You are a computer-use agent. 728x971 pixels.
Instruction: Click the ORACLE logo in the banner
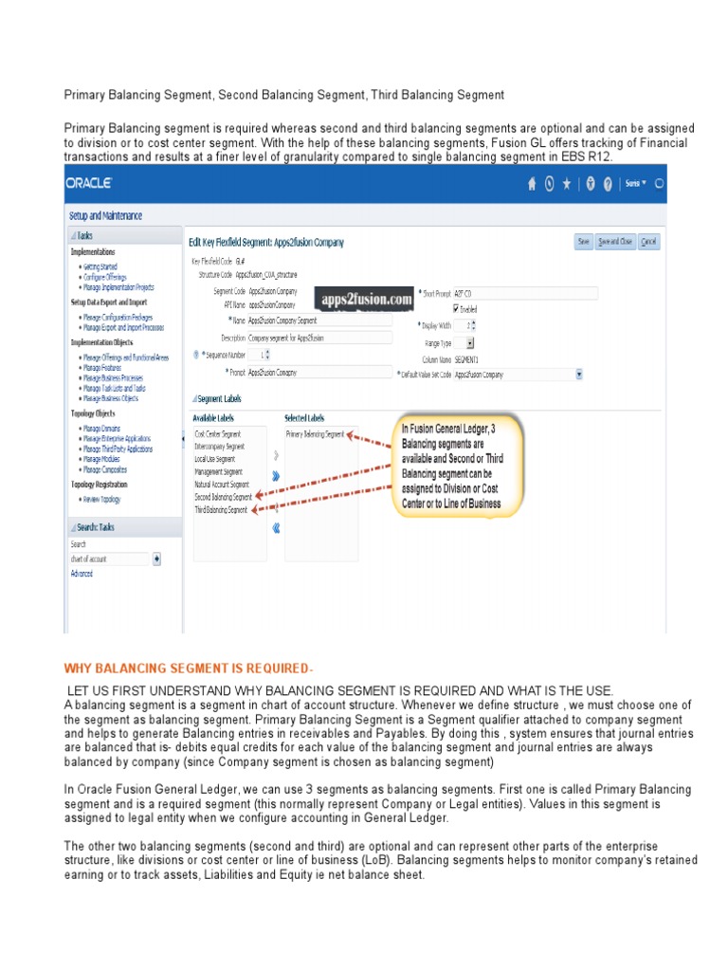[90, 182]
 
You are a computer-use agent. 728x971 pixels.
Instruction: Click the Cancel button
[649, 242]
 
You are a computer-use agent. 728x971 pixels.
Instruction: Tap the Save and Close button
[616, 242]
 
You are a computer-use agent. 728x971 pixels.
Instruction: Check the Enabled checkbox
[457, 308]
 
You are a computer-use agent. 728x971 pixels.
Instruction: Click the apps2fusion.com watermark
[366, 300]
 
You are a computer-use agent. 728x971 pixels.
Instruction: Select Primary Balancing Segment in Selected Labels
[315, 433]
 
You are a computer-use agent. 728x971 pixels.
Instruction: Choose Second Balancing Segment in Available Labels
[224, 496]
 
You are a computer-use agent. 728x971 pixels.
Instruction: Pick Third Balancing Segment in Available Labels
[221, 509]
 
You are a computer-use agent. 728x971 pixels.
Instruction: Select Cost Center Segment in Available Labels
[218, 433]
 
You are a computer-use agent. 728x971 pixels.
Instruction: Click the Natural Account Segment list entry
[222, 484]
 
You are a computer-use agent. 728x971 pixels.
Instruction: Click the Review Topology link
[101, 499]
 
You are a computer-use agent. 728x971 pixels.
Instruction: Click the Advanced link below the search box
[82, 574]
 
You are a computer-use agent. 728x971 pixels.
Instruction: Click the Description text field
[319, 337]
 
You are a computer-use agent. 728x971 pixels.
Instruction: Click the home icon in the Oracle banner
[532, 184]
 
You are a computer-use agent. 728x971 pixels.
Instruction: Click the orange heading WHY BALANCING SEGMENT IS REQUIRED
[188, 670]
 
